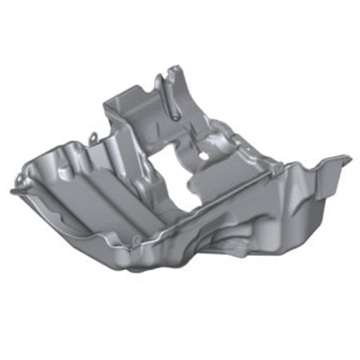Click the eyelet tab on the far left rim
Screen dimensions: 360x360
pos(18,175)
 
